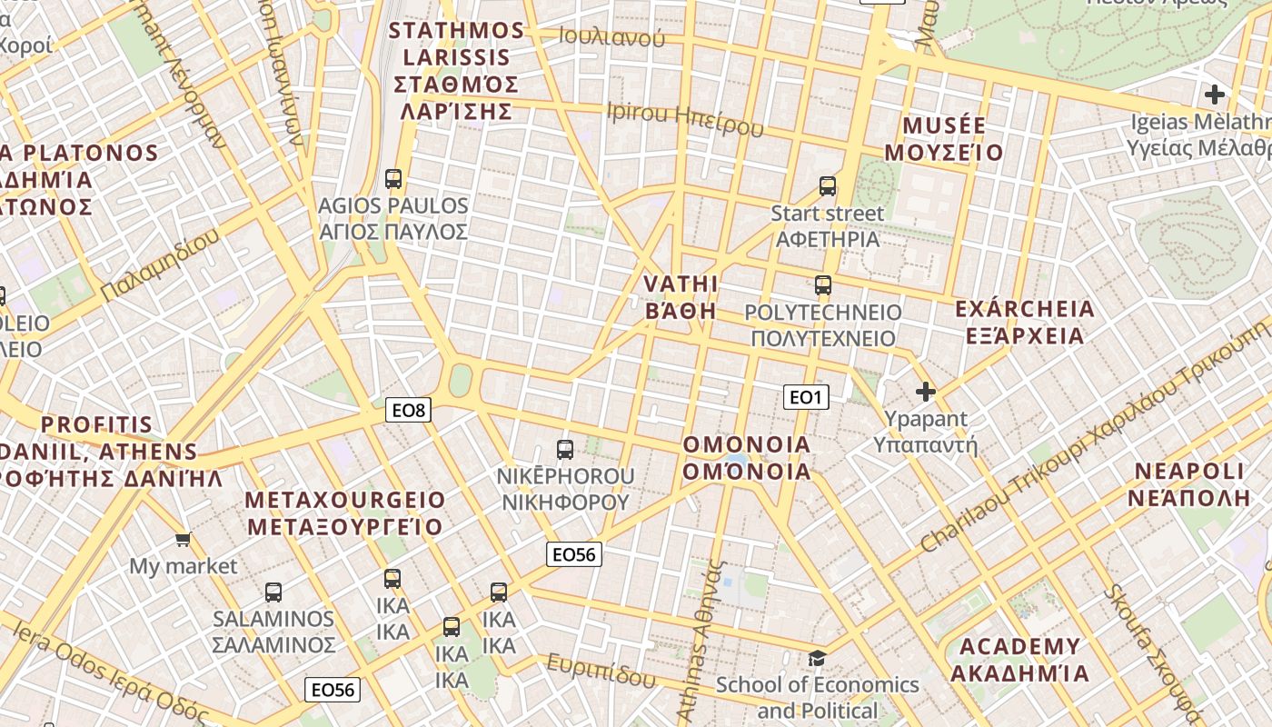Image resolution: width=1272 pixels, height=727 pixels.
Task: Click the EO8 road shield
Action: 408,410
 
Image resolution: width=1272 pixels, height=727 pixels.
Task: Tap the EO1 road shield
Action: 806,396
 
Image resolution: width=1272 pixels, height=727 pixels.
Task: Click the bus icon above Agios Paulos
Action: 393,179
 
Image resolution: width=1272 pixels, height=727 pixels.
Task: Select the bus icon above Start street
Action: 827,186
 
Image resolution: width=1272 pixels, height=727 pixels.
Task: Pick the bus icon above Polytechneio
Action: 823,285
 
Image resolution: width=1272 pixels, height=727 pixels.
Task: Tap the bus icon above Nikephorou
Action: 565,449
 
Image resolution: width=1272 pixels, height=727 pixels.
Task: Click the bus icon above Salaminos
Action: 273,593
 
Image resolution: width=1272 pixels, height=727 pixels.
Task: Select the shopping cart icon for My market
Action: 184,540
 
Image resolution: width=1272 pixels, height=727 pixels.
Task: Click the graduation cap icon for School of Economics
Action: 817,658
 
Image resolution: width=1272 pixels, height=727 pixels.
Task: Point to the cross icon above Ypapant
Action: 926,392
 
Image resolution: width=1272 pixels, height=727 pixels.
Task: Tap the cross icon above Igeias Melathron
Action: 1215,94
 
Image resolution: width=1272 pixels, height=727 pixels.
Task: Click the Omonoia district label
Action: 747,458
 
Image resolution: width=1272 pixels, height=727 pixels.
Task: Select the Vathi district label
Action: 681,297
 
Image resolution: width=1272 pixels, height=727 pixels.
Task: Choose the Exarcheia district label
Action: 1025,323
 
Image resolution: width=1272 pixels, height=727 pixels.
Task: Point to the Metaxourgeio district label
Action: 345,513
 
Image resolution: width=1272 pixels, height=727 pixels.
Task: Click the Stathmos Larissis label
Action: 456,71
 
